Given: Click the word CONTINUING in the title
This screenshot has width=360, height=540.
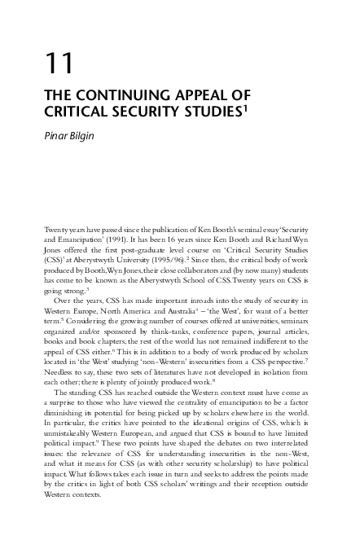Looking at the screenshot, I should (x=114, y=95).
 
